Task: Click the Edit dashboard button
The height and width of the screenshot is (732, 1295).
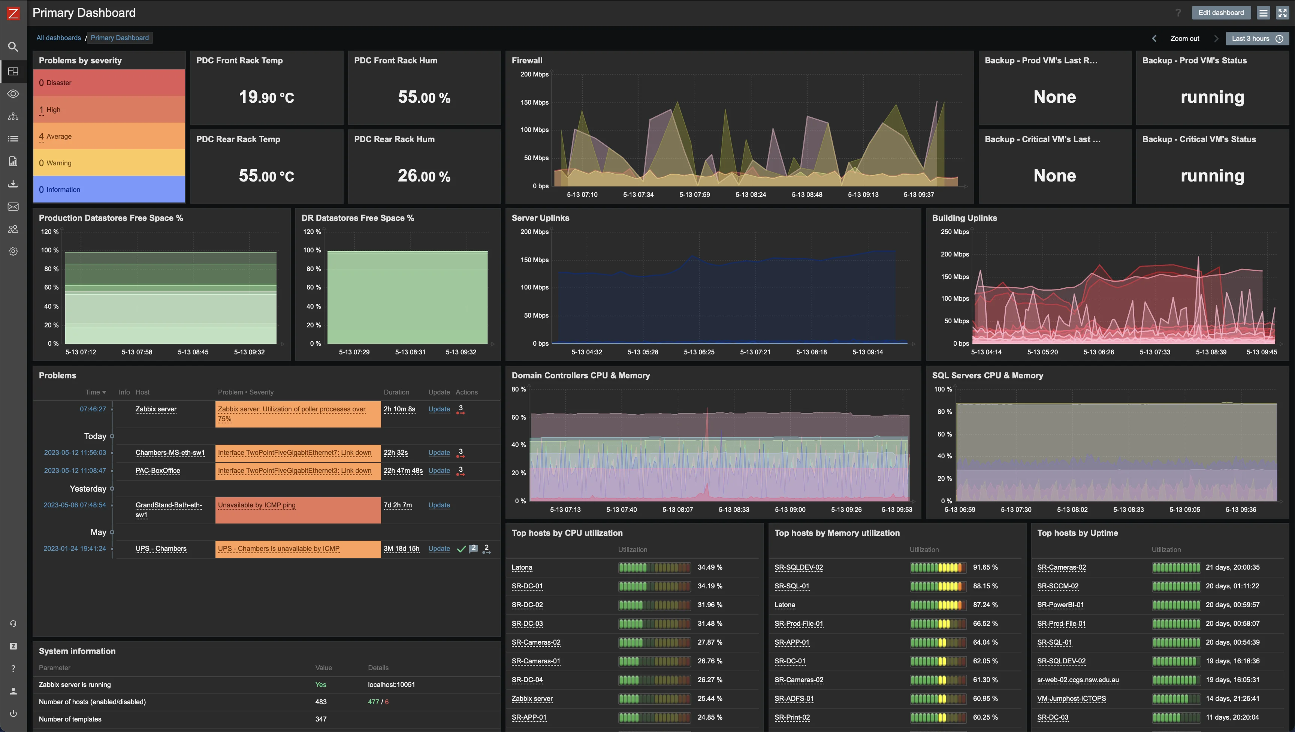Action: pyautogui.click(x=1220, y=13)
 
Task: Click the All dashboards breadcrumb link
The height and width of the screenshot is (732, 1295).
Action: pyautogui.click(x=58, y=38)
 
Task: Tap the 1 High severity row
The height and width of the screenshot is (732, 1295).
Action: pyautogui.click(x=109, y=109)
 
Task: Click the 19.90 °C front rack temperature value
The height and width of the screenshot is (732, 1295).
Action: pyautogui.click(x=266, y=97)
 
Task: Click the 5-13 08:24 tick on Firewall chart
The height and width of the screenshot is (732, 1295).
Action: pyautogui.click(x=751, y=195)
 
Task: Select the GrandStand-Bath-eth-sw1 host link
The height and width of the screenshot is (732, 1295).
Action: pyautogui.click(x=168, y=510)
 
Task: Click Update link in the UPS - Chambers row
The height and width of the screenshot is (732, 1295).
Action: pyautogui.click(x=439, y=548)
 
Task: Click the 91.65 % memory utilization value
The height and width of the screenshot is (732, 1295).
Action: pyautogui.click(x=985, y=567)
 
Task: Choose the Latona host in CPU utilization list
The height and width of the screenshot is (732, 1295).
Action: pyautogui.click(x=522, y=567)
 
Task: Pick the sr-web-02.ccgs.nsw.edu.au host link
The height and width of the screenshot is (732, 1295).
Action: pyautogui.click(x=1078, y=679)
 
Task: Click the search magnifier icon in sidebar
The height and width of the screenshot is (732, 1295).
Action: pyautogui.click(x=13, y=47)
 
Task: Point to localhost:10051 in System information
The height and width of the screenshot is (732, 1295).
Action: pyautogui.click(x=391, y=685)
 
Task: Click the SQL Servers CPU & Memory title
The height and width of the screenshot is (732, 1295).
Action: pyautogui.click(x=987, y=375)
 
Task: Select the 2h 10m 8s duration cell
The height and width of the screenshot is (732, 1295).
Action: pyautogui.click(x=399, y=409)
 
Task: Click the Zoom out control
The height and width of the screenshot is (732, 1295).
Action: pyautogui.click(x=1184, y=39)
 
